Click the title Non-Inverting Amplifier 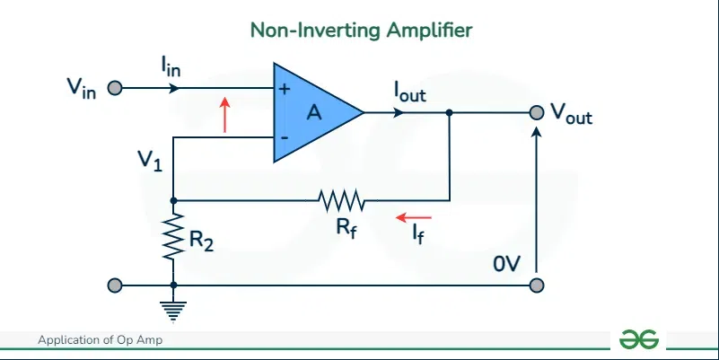coord(361,31)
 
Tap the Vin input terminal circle coord(114,89)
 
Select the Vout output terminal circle coord(536,113)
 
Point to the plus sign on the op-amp coord(285,90)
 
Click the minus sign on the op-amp coord(285,137)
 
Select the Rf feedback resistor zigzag coord(339,199)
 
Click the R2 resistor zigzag coord(172,236)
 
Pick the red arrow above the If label coord(415,217)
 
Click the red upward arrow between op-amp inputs coord(225,114)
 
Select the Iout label coord(409,91)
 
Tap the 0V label coord(506,265)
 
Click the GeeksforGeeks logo coord(639,339)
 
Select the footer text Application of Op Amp coord(100,340)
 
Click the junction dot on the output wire coord(449,113)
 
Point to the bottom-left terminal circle coord(114,285)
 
